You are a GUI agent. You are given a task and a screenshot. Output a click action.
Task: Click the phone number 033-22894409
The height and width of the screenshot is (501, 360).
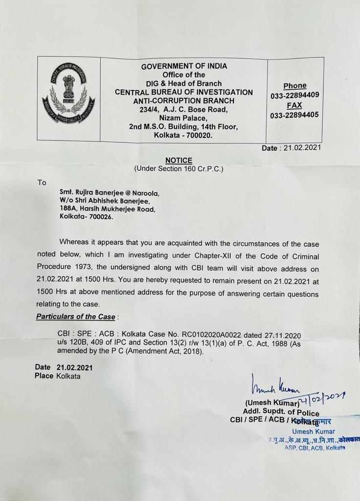(x=294, y=96)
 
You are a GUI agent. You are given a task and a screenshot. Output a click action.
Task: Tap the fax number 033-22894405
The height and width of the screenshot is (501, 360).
(x=294, y=115)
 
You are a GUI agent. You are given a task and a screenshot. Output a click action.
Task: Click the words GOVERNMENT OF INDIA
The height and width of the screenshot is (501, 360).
(x=184, y=66)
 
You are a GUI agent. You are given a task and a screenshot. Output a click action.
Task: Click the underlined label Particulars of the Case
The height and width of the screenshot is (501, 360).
(x=75, y=317)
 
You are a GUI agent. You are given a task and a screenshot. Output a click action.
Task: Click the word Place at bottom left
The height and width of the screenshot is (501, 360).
(x=44, y=376)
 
